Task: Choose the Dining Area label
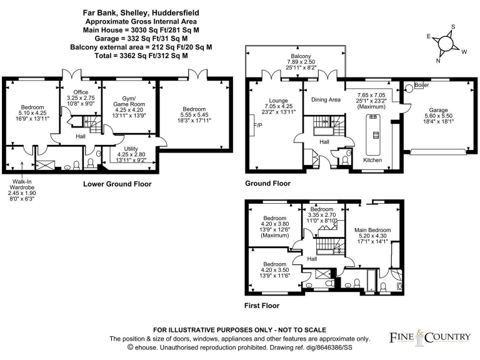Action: tap(326, 99)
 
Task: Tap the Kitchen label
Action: tap(372, 160)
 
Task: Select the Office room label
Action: tap(80, 91)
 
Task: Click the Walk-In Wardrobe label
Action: tap(22, 185)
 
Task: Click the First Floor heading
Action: tap(261, 306)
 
